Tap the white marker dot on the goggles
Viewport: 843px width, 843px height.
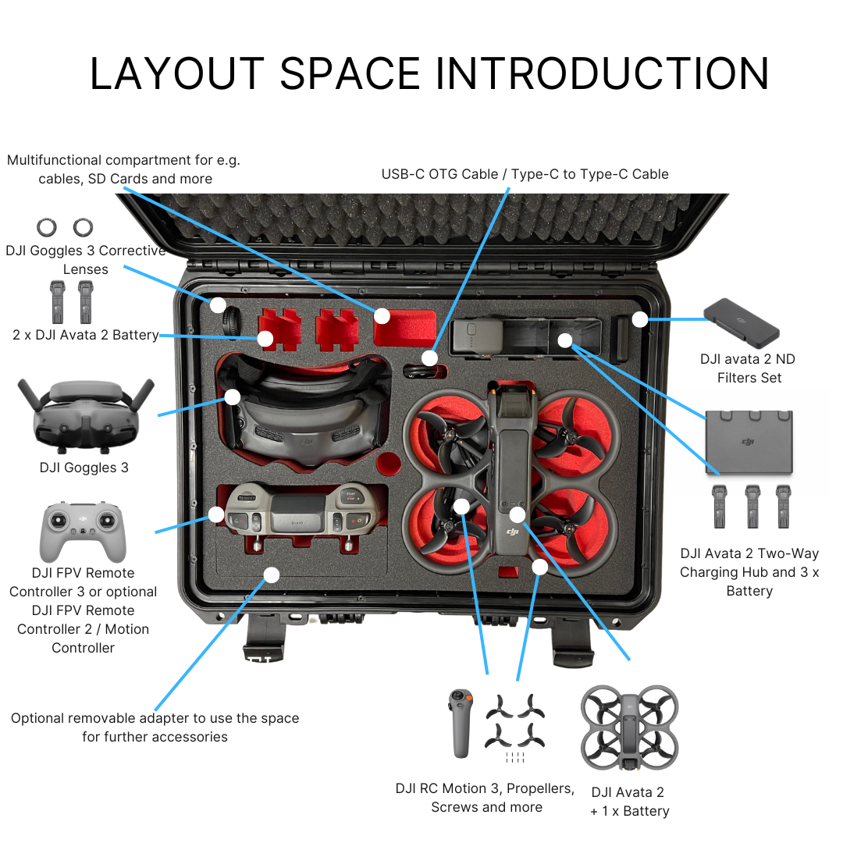coord(232,397)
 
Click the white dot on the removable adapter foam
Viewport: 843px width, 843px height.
coord(271,575)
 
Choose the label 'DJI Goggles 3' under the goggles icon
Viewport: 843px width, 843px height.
coord(84,468)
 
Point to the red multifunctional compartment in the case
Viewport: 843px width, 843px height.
coord(404,329)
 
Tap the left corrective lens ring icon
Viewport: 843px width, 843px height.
coord(47,227)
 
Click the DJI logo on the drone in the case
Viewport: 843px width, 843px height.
coord(512,532)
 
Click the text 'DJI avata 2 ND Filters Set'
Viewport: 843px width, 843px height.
coord(749,368)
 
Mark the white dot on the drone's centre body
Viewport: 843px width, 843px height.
coord(517,514)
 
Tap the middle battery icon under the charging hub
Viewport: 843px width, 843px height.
coord(752,506)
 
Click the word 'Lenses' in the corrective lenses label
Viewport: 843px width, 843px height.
coord(85,269)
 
